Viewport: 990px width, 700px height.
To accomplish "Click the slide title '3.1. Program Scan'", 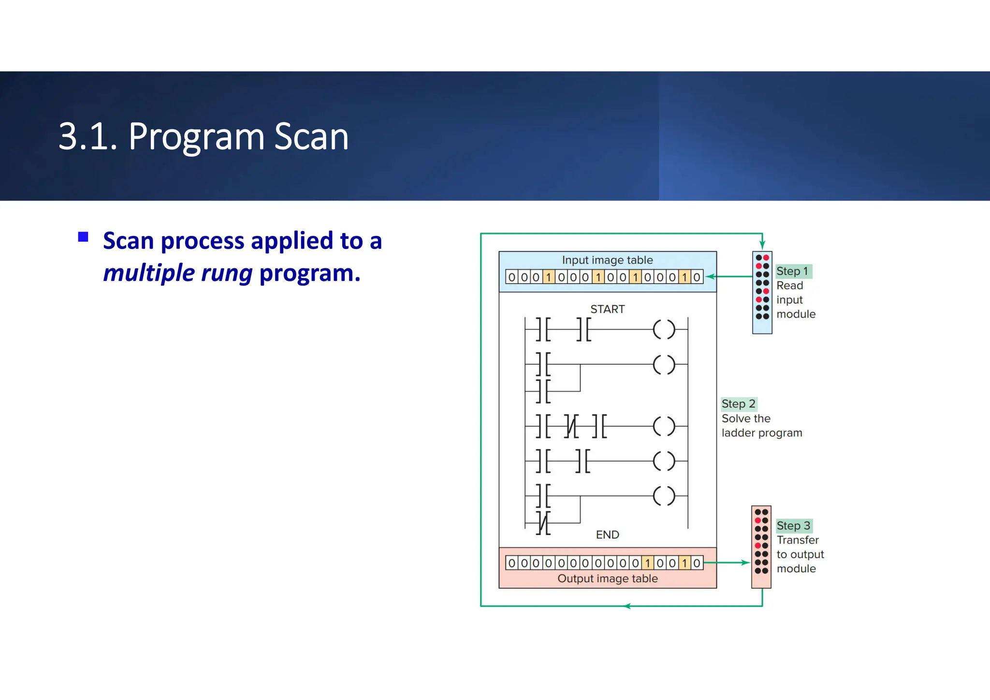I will tap(204, 137).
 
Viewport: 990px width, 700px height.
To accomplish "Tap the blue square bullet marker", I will tap(83, 237).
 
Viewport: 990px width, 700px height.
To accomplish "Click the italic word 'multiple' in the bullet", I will tap(149, 273).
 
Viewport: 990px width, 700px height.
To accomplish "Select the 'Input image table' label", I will tap(607, 260).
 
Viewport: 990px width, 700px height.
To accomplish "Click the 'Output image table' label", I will tap(607, 579).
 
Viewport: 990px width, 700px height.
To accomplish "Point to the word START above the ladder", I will tap(607, 309).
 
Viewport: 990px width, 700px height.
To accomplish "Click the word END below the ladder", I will tap(607, 535).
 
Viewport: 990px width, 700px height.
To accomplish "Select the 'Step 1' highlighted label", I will tap(792, 271).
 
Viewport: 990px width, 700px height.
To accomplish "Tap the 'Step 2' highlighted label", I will tap(738, 404).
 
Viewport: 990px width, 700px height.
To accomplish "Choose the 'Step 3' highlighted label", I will tap(793, 525).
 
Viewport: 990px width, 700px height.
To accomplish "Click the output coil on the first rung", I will tap(664, 330).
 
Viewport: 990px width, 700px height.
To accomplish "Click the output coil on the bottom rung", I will tap(664, 496).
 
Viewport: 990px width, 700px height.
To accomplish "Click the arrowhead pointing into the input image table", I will tap(709, 277).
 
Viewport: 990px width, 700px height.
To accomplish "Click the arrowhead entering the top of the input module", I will tap(762, 246).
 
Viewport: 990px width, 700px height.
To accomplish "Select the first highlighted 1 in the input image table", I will tap(549, 277).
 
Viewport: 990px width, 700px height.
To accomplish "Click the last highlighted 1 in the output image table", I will tap(684, 563).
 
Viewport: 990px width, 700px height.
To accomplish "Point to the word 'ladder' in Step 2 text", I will tap(737, 433).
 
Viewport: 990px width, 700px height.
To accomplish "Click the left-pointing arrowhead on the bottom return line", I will tap(627, 606).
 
